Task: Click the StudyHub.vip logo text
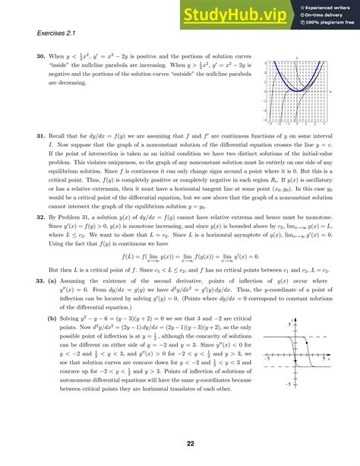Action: (x=229, y=14)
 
